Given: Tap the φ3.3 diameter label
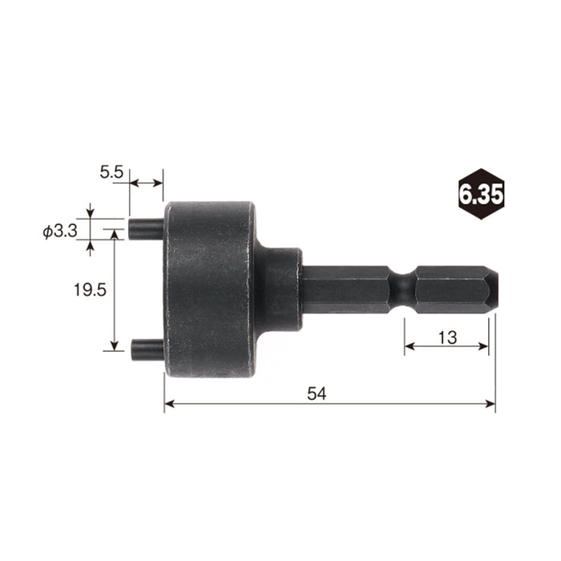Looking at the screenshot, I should click(x=59, y=232).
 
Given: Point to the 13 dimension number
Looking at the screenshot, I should click(x=447, y=337).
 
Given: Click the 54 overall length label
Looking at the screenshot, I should click(x=318, y=394).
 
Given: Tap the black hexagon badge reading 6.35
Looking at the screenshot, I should click(x=481, y=193).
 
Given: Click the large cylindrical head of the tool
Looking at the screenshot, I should click(x=210, y=289).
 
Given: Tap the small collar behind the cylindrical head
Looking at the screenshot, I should click(x=279, y=289).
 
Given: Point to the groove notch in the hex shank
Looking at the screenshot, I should click(x=402, y=289).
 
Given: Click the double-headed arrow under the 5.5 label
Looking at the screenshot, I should click(x=146, y=184).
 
